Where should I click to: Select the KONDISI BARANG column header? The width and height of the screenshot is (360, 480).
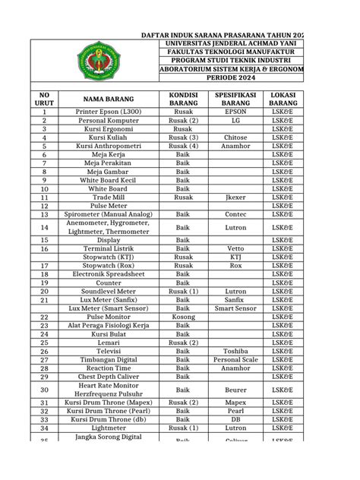point(182,98)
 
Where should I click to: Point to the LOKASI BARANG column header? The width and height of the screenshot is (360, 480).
point(283,98)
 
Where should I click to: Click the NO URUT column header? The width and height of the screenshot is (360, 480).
point(44,98)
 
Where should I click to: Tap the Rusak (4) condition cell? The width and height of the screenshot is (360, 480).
point(182,146)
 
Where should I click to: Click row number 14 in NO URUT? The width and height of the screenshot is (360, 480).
point(44,227)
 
